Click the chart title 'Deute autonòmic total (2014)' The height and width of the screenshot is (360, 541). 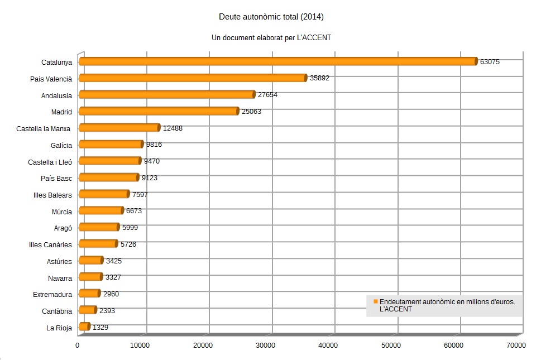tap(271, 17)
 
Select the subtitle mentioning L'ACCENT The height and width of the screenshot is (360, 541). tap(271, 38)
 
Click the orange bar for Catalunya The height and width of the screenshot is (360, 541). tap(278, 61)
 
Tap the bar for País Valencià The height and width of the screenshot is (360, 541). tap(193, 78)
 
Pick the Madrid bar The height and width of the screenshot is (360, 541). tap(159, 111)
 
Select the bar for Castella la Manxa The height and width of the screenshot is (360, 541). tap(119, 128)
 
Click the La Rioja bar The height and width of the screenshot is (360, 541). tap(84, 327)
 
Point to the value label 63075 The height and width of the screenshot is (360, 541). tap(490, 62)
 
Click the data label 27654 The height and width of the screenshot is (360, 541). tap(267, 95)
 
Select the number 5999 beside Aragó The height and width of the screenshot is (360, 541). tap(130, 227)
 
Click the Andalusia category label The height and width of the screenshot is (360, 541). tap(56, 95)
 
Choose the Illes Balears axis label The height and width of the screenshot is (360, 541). tap(52, 195)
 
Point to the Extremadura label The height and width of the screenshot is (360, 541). tap(52, 294)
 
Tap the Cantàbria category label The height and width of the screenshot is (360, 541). tap(57, 311)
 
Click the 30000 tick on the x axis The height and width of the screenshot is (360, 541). tap(266, 345)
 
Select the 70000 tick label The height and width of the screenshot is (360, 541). tap(515, 345)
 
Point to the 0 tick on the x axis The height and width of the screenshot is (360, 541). tap(78, 345)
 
